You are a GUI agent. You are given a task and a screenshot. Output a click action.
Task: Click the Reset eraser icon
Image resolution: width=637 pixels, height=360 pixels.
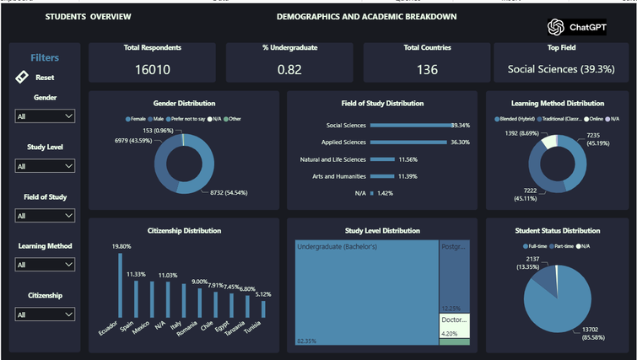[x=23, y=77]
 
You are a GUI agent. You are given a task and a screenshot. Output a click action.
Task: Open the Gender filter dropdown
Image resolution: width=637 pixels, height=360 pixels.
[x=45, y=116]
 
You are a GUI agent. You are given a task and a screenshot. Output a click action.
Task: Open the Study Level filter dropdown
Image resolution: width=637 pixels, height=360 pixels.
[x=45, y=166]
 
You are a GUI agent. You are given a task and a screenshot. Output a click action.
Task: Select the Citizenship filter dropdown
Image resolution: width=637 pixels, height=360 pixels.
[x=45, y=314]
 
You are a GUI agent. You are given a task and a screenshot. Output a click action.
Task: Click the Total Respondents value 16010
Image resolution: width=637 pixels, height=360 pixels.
[x=152, y=69]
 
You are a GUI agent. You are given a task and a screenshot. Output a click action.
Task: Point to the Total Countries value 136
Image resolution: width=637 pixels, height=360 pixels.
[x=427, y=69]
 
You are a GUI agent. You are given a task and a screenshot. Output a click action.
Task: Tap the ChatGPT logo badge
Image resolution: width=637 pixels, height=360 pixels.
[x=577, y=27]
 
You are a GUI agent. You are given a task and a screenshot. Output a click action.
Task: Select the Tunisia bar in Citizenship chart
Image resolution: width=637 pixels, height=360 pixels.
[x=263, y=309]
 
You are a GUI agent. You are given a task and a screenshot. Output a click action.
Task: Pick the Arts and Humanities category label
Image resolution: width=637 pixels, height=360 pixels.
[x=332, y=176]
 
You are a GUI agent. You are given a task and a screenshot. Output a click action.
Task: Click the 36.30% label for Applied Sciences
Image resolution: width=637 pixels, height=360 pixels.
[x=460, y=142]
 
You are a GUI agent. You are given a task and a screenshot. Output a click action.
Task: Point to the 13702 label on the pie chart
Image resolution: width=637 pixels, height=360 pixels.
[x=583, y=331]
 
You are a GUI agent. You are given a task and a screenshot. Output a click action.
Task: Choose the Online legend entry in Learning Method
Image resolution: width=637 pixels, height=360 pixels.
[x=594, y=119]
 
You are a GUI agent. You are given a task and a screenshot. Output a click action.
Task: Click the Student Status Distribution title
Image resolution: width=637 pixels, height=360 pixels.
[x=557, y=230]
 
